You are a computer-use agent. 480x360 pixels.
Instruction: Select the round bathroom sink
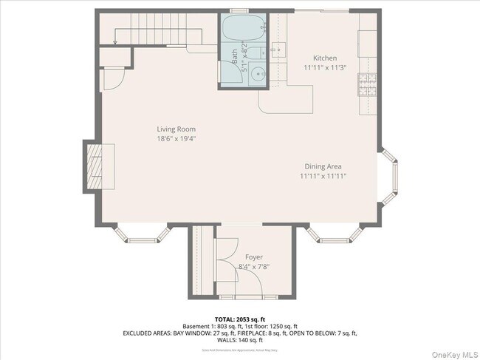coord(258,74)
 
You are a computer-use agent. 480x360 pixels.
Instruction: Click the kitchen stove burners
coord(367,85)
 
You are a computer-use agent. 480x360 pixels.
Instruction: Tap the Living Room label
coord(176,129)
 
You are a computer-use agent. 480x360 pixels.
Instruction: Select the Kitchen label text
coord(325,58)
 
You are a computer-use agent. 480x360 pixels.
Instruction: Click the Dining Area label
coord(323,167)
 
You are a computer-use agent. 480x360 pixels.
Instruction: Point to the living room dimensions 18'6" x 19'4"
coord(176,139)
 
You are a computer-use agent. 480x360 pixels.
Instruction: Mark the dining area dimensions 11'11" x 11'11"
coord(323,177)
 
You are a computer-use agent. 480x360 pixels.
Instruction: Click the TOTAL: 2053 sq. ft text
coord(240,319)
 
